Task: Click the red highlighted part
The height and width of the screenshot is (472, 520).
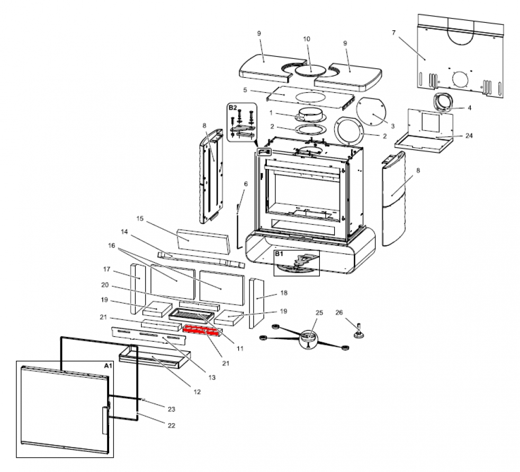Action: (201, 331)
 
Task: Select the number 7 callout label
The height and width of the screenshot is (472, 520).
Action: (393, 33)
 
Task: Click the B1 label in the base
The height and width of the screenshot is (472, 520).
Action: (280, 254)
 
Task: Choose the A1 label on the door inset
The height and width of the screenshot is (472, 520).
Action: (107, 366)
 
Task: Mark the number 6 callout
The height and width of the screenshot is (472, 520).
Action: (246, 184)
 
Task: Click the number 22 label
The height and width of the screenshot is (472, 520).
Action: (171, 425)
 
